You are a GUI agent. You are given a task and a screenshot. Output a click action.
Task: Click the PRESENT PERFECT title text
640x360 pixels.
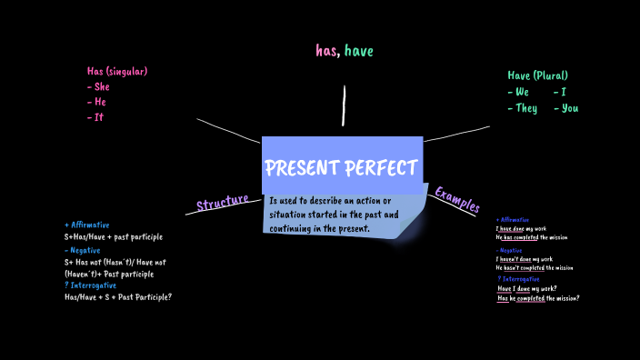click(x=342, y=168)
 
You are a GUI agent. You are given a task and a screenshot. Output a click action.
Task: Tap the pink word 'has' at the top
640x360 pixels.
click(x=326, y=51)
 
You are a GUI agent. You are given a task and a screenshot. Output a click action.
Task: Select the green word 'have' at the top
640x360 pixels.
click(x=358, y=51)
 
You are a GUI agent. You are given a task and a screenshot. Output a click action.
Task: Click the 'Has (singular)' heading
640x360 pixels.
click(x=116, y=72)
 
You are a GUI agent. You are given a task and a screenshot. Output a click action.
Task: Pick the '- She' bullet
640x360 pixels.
click(x=98, y=87)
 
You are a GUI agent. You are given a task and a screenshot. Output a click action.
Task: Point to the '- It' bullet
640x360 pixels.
click(x=95, y=117)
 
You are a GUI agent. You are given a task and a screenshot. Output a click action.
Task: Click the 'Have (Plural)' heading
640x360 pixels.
click(x=537, y=75)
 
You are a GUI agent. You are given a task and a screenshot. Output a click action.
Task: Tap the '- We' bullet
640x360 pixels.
click(x=518, y=92)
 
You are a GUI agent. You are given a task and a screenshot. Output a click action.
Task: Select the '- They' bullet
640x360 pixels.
click(x=522, y=108)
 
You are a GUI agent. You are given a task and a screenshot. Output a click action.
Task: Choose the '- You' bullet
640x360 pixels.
click(x=565, y=108)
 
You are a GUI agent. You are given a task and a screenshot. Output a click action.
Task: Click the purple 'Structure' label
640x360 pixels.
click(x=222, y=202)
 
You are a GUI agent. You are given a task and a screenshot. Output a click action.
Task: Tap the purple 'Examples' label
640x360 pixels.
click(x=456, y=198)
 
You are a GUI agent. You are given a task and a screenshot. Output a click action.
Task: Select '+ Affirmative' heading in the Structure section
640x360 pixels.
click(x=87, y=225)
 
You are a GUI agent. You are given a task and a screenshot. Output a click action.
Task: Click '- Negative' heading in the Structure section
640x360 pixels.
click(x=83, y=250)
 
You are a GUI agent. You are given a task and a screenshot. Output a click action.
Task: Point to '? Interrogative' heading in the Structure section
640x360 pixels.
click(x=89, y=285)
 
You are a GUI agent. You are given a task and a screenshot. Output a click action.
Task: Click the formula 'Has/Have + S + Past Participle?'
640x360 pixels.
click(x=118, y=297)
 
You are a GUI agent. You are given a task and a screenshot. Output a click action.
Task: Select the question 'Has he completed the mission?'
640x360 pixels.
click(x=538, y=298)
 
